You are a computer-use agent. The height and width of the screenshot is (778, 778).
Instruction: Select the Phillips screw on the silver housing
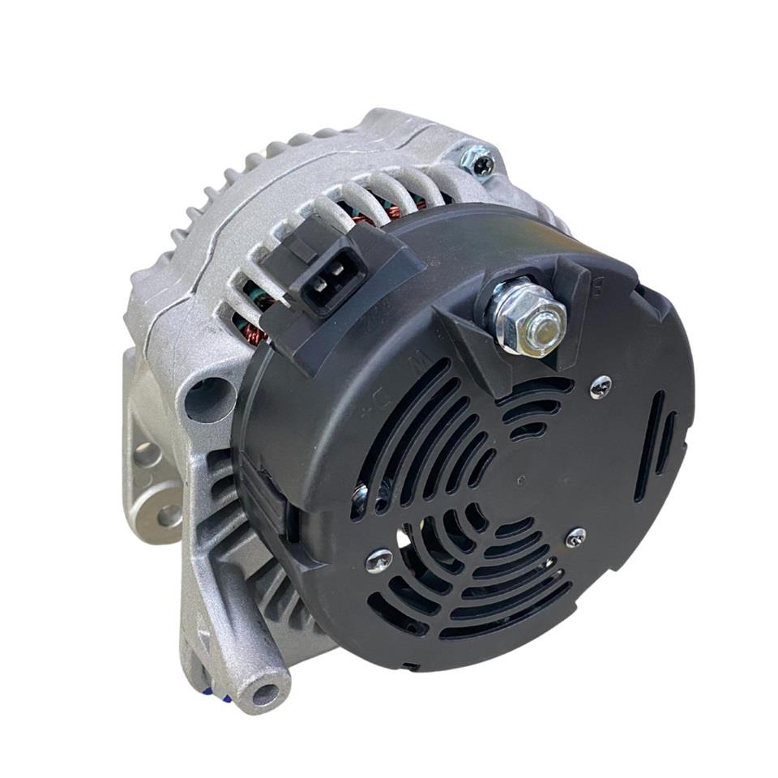pos(480,162)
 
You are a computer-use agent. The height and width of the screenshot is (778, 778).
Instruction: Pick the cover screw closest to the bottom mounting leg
pos(378,559)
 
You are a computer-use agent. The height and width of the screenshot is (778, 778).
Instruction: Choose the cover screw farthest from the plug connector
pos(575,536)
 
